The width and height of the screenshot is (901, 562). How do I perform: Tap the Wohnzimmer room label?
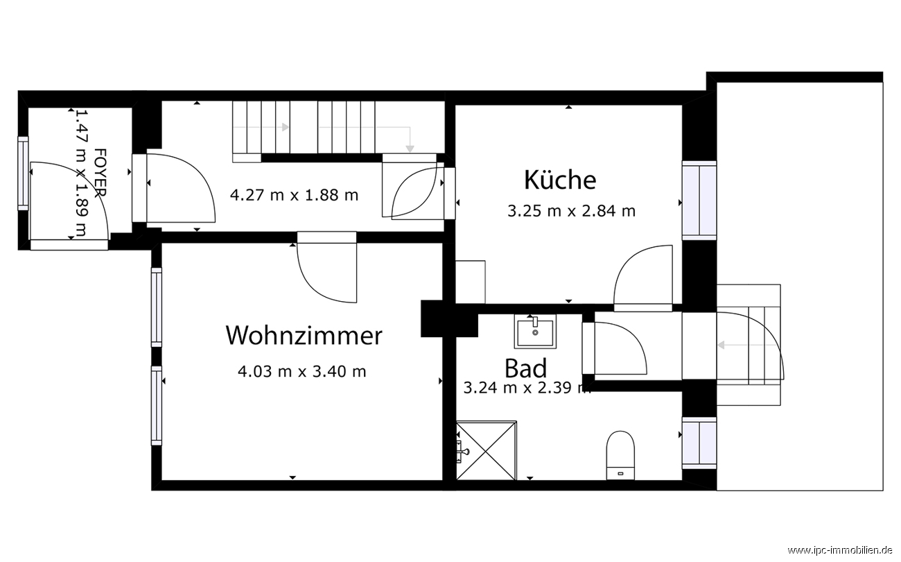[x=304, y=335]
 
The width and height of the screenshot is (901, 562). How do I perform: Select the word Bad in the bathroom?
[x=526, y=368]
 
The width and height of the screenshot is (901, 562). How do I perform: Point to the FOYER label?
[x=100, y=173]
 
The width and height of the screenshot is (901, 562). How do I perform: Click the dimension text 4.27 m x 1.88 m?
[x=294, y=195]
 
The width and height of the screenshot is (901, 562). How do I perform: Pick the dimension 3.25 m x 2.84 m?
[x=571, y=211]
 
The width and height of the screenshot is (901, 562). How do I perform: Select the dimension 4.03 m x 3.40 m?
[x=301, y=371]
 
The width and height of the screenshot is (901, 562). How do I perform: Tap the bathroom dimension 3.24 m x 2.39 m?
[x=527, y=388]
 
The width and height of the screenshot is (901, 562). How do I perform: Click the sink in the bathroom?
[x=535, y=332]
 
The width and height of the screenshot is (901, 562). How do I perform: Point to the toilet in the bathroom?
[x=620, y=455]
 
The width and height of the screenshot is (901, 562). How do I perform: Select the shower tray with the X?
[x=487, y=450]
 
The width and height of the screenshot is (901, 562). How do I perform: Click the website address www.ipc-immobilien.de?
[x=843, y=550]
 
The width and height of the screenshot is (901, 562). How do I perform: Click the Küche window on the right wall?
[x=699, y=201]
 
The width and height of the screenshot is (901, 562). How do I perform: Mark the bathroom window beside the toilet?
[x=699, y=443]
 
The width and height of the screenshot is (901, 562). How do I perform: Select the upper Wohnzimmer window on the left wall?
[x=157, y=307]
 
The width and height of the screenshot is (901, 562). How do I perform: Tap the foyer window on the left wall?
[x=23, y=173]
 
